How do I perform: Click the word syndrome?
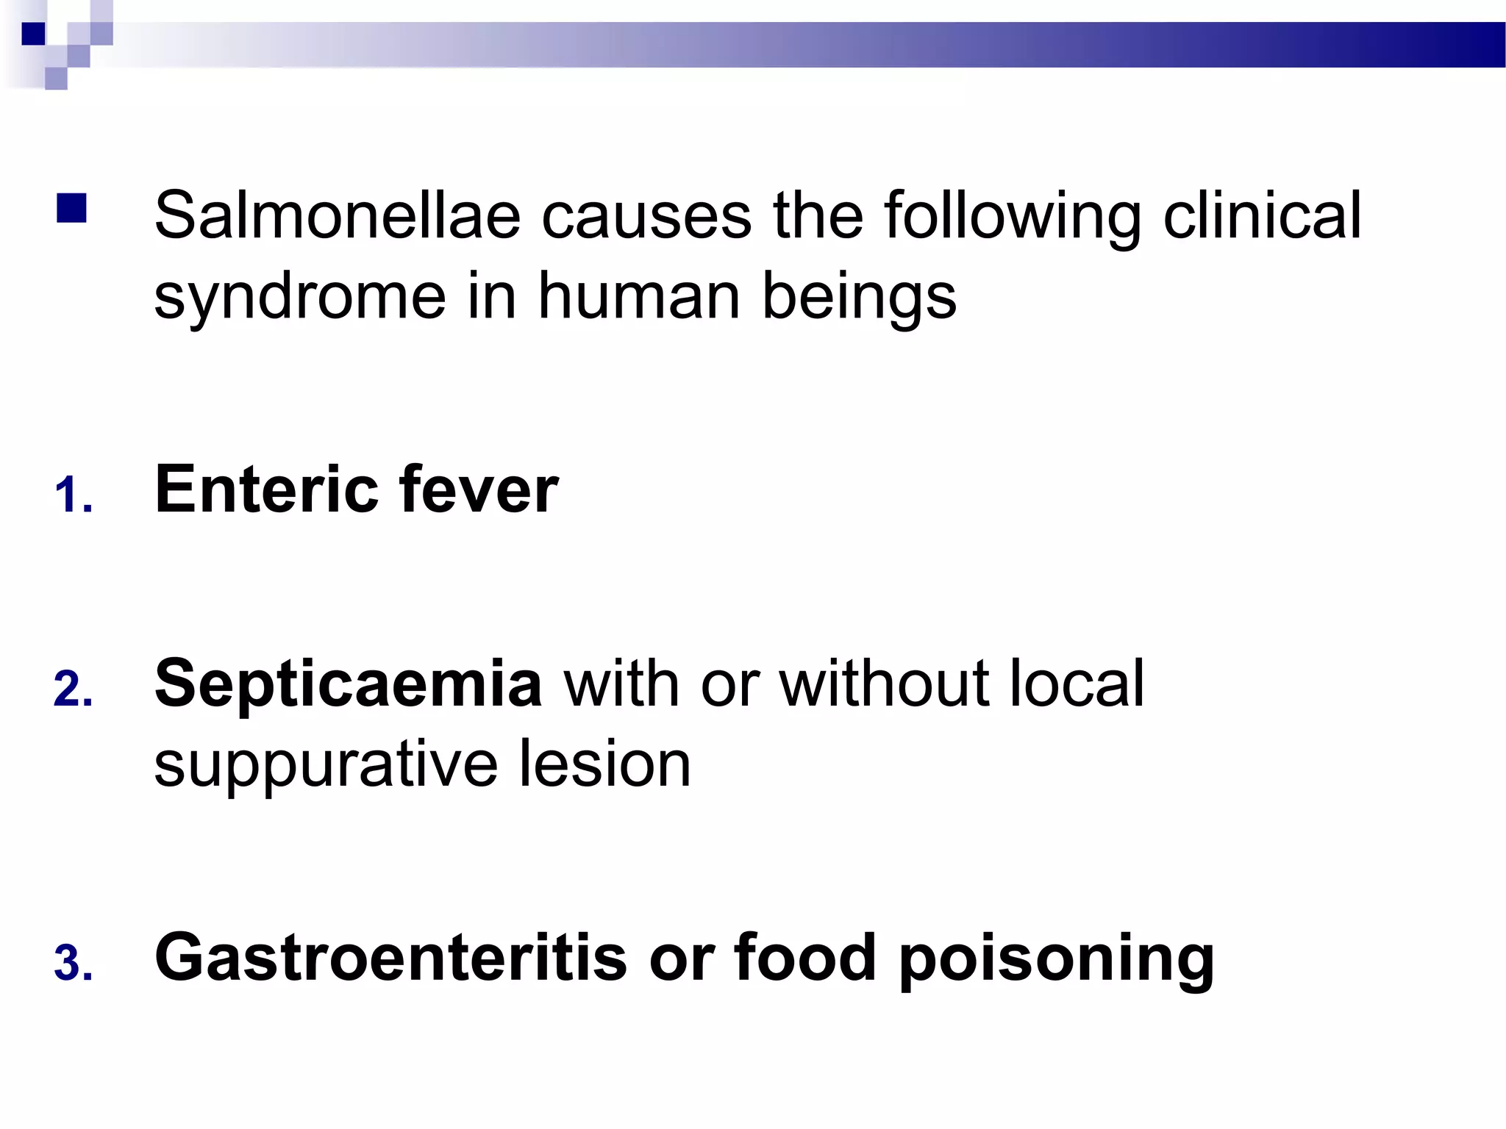[x=300, y=297]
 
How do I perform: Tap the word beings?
[x=859, y=297]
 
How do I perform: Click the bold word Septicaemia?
[x=349, y=684]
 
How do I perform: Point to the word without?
[x=883, y=683]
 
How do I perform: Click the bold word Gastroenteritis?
[x=390, y=957]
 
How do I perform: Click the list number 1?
[x=73, y=495]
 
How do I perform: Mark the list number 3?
[x=73, y=964]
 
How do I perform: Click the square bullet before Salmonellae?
[x=71, y=208]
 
